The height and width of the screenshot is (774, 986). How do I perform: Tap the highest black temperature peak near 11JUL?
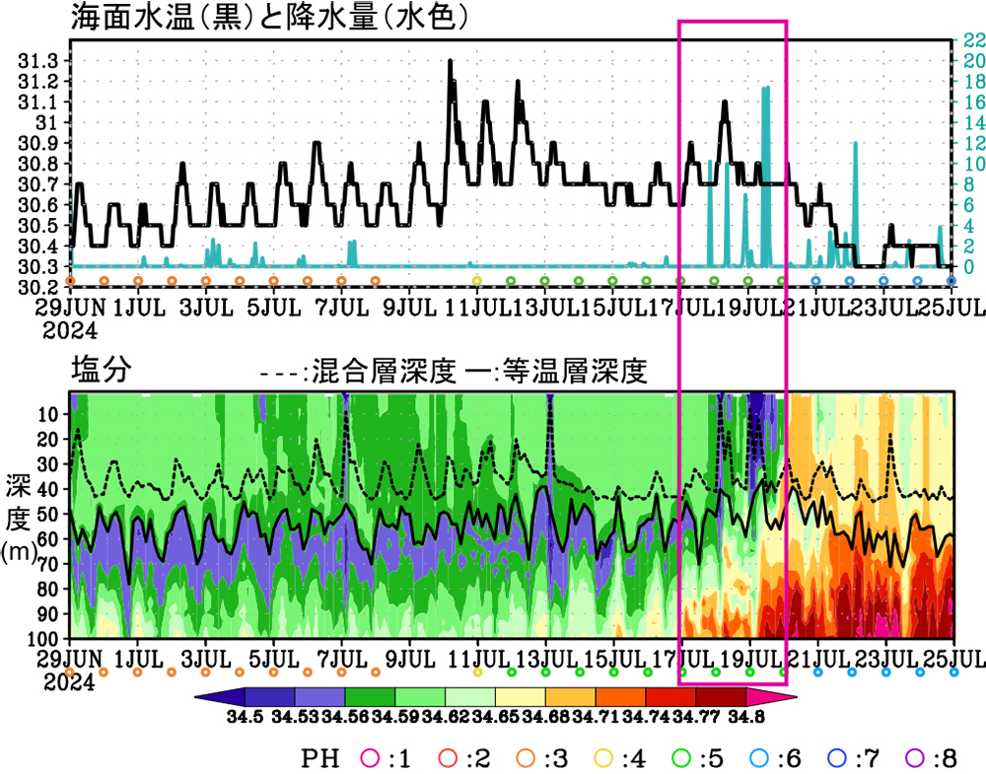pyautogui.click(x=450, y=61)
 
